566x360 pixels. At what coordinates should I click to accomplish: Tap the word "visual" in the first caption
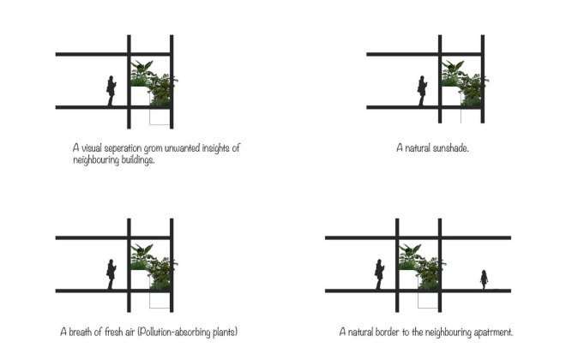coord(92,148)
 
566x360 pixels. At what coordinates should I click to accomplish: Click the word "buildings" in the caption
coord(138,160)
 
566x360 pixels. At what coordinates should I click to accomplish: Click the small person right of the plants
coord(484,279)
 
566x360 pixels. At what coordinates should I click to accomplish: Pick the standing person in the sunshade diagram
coord(422,91)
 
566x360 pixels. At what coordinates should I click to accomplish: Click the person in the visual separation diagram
coord(111,91)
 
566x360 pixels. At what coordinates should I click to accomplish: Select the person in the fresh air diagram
coord(111,274)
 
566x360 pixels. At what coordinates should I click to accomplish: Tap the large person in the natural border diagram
coord(379,274)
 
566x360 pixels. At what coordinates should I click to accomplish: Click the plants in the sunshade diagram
coord(465,84)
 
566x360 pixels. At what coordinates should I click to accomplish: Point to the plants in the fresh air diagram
coord(154,267)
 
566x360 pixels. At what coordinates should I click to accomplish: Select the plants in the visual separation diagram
coord(154,84)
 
